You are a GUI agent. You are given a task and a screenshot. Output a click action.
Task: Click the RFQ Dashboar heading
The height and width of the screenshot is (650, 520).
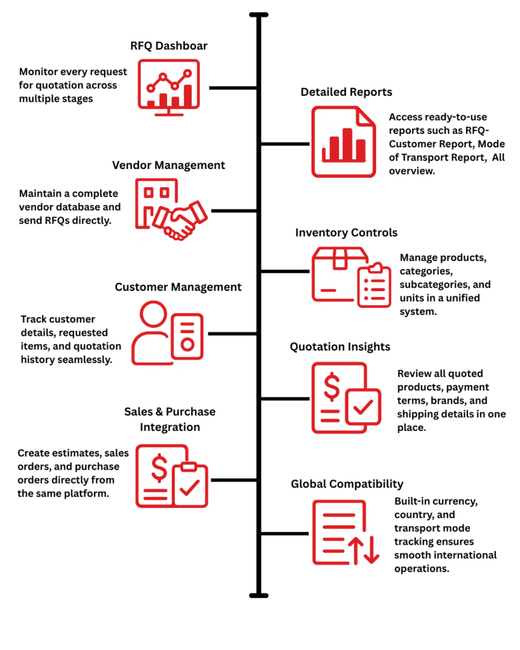(169, 46)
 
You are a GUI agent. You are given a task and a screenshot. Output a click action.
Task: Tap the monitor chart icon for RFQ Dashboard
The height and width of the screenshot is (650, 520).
(169, 88)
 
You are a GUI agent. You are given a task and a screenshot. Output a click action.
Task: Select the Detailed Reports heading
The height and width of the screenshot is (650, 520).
(346, 92)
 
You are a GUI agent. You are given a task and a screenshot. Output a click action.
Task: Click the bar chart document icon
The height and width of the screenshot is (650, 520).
(343, 142)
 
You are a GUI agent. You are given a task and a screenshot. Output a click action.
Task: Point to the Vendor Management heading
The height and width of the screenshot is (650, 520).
(168, 166)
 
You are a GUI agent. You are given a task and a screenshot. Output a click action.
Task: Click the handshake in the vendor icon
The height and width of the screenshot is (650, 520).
(180, 220)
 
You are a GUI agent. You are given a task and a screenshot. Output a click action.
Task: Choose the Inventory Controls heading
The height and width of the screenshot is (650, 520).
(346, 232)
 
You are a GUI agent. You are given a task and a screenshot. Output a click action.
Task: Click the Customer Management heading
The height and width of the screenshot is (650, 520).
(178, 287)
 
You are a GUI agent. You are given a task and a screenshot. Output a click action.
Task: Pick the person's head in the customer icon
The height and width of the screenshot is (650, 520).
(154, 314)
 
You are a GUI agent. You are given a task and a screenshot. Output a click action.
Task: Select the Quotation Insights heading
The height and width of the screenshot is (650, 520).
(340, 347)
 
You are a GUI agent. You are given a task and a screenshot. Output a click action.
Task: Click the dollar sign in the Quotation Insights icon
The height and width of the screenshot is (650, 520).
(331, 387)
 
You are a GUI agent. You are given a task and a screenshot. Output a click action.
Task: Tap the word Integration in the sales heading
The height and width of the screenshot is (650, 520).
(170, 427)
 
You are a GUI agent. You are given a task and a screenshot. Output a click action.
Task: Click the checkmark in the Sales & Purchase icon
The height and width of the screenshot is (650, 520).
(190, 487)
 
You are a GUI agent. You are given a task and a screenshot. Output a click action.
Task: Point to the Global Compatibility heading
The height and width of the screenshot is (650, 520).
(347, 484)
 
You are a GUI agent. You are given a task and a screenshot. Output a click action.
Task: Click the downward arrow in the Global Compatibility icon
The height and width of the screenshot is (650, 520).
(371, 550)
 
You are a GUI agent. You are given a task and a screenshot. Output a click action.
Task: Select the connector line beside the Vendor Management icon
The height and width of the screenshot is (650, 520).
(234, 211)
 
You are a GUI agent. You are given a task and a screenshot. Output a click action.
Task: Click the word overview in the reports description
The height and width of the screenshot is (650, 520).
(412, 171)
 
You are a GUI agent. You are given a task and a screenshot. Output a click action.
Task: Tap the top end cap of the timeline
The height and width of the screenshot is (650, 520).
(259, 15)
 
